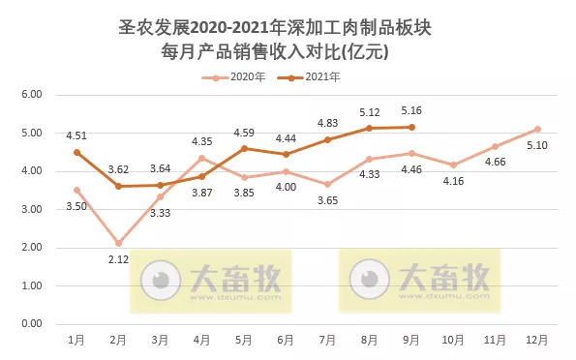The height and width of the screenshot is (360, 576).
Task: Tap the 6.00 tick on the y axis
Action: (x=32, y=95)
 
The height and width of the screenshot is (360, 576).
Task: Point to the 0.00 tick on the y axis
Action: (x=32, y=324)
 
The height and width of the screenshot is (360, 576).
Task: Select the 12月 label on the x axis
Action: (x=538, y=340)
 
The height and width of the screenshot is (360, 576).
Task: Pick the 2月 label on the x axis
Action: (x=118, y=340)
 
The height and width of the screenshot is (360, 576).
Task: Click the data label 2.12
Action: (x=117, y=260)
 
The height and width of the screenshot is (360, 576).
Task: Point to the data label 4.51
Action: (x=76, y=135)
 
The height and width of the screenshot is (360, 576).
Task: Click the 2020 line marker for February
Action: (x=118, y=243)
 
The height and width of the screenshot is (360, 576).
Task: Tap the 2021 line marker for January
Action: (x=76, y=152)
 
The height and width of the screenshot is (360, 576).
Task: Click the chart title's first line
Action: (x=288, y=30)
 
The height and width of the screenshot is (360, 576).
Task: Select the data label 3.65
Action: (x=328, y=201)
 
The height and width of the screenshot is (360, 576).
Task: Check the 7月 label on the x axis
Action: (x=328, y=340)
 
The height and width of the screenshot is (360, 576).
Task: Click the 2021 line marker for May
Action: (x=244, y=148)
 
